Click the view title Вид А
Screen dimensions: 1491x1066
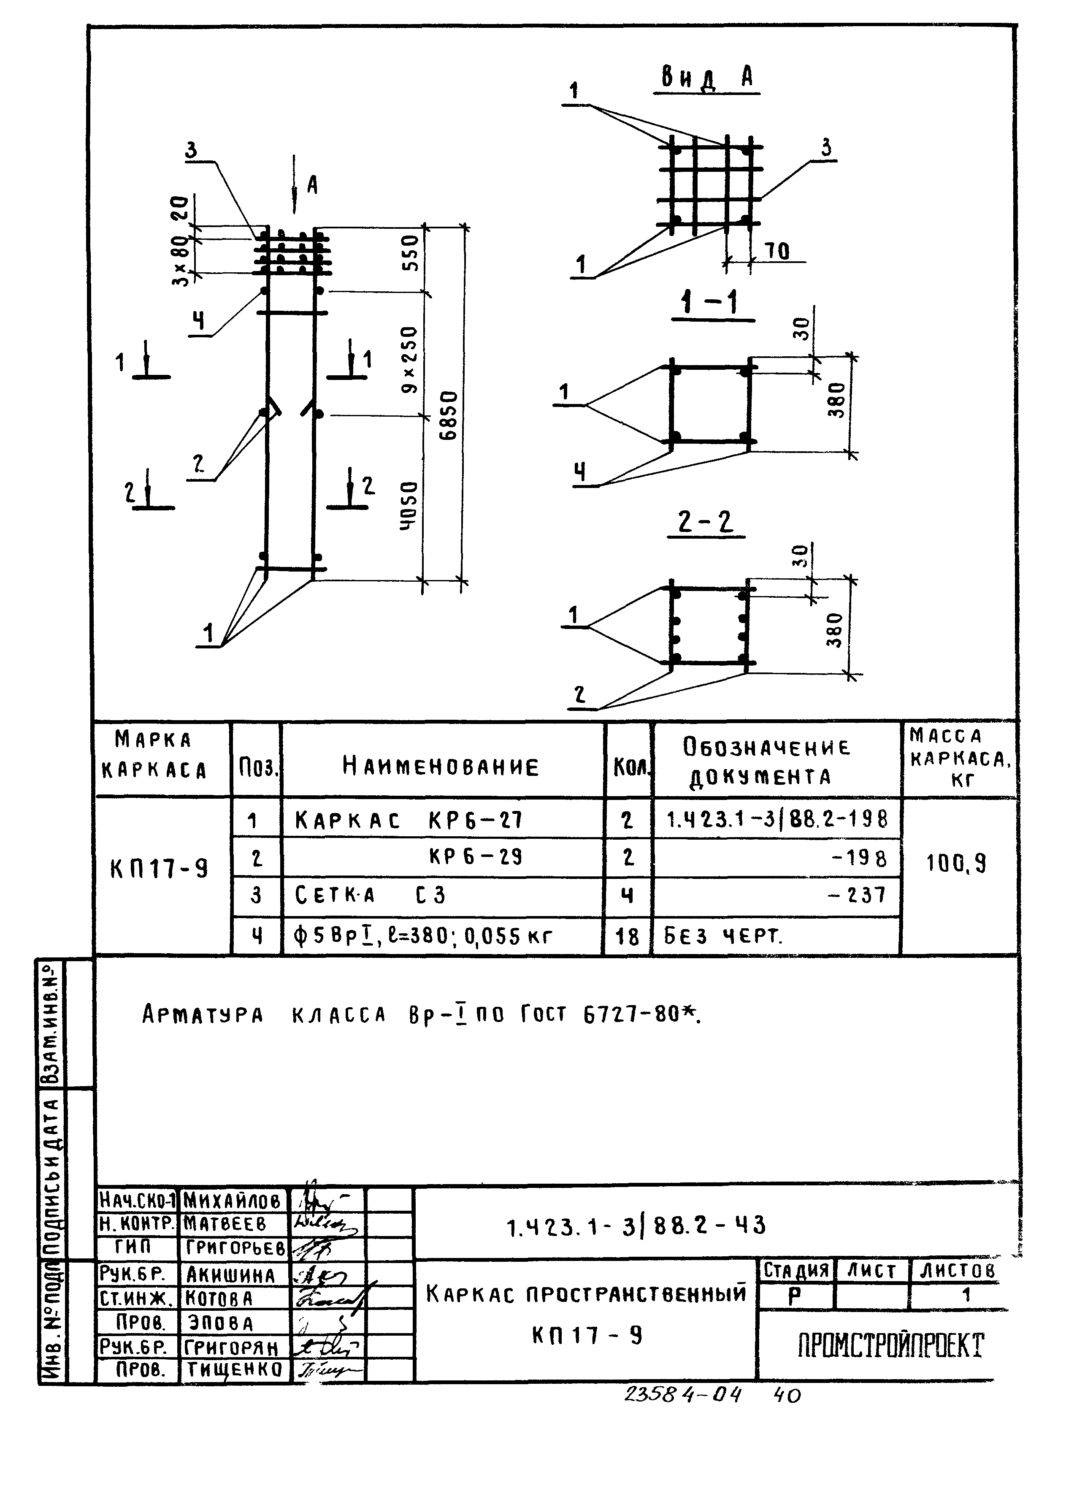708,79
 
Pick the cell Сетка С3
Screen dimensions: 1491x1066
370,895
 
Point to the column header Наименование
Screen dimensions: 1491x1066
441,766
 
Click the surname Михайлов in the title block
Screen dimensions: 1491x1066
233,1201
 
